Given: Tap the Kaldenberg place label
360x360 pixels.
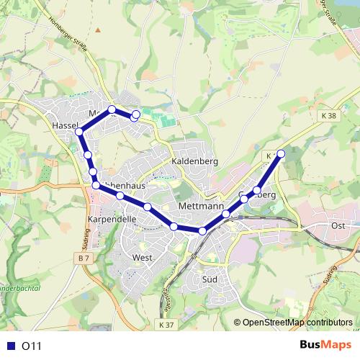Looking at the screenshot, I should point(194,162).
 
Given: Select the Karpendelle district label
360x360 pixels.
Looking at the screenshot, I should point(112,218).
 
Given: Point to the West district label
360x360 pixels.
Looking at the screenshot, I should point(142,257).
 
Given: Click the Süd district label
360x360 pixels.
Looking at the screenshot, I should point(210,278).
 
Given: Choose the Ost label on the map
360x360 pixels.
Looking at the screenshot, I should point(338,225).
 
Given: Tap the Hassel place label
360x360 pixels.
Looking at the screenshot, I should point(65,125).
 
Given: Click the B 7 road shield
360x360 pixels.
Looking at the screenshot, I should point(83,257).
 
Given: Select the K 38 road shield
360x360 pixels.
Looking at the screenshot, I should point(329,115).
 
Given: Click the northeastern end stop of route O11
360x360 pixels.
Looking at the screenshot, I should point(281,153).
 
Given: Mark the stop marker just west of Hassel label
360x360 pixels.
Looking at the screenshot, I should point(79,132).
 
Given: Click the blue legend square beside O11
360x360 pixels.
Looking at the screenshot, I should point(10,346).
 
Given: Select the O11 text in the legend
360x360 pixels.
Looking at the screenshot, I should point(32,346).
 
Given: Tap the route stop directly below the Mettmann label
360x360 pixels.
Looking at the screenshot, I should point(202,230).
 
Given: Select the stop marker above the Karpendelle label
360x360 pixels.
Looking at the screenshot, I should point(96,186).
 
